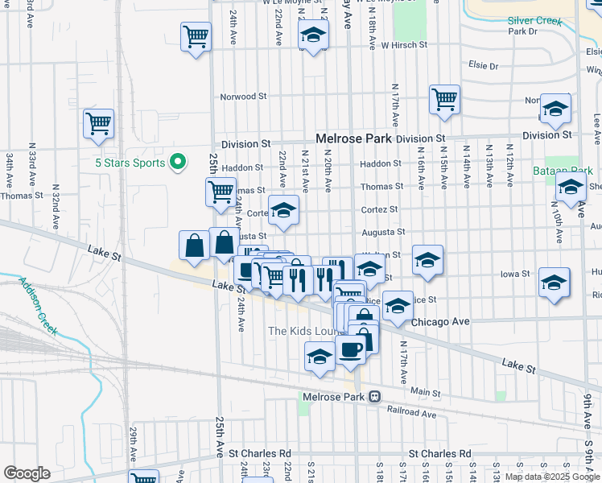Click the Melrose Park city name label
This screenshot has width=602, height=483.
click(353, 138)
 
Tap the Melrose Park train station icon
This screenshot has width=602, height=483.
click(375, 397)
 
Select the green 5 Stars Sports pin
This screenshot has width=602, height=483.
click(178, 163)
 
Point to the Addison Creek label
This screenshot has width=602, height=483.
click(39, 308)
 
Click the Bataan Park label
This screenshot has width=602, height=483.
click(563, 171)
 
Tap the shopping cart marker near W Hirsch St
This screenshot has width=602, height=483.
click(196, 37)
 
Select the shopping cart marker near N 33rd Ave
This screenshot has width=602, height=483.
click(98, 125)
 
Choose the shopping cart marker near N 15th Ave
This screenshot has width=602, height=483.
click(444, 100)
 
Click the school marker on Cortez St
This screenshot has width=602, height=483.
click(282, 211)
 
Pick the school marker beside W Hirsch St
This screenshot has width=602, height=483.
click(313, 35)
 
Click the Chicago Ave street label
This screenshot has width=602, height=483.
click(439, 321)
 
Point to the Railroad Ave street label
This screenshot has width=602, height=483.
click(412, 414)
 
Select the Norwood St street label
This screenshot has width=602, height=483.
click(244, 97)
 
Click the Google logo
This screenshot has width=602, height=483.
click(27, 473)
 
